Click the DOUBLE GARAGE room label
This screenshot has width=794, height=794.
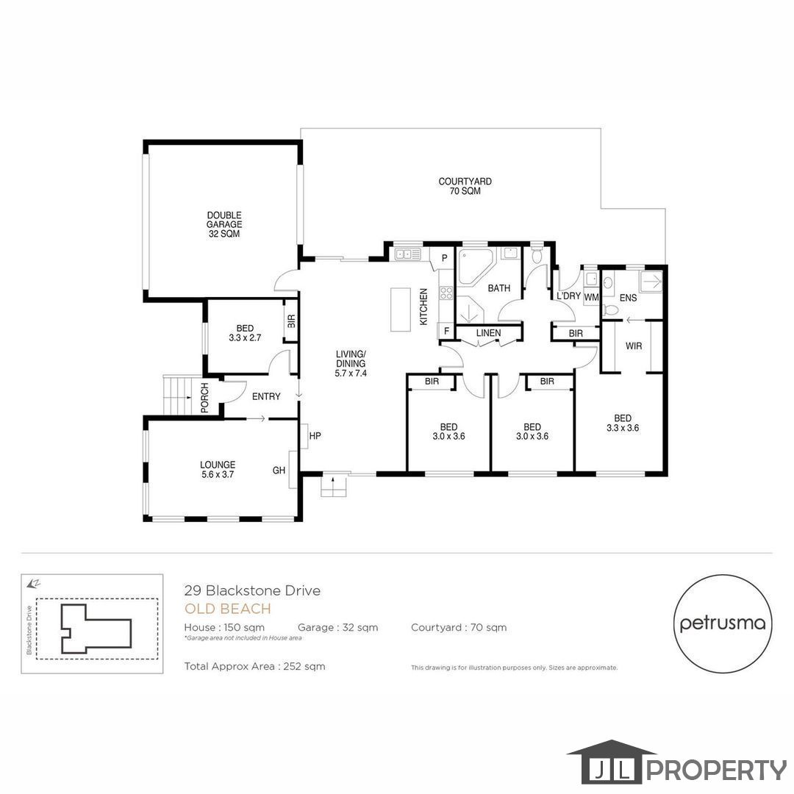[x=223, y=224]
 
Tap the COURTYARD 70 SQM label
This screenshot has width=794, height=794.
[x=465, y=186]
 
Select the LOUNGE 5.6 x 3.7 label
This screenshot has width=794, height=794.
[x=218, y=469]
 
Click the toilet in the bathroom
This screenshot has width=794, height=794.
[x=537, y=255]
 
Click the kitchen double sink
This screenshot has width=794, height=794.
[x=407, y=254]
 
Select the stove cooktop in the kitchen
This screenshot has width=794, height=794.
[x=446, y=293]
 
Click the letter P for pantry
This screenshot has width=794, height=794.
[x=444, y=258]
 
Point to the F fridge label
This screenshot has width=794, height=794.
[x=444, y=332]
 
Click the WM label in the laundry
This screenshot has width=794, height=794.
[x=591, y=297]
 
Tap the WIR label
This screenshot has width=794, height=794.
[x=633, y=346]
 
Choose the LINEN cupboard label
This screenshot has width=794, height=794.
[x=488, y=333]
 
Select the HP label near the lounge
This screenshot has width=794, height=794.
[x=315, y=436]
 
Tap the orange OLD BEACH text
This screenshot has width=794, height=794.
[x=227, y=609]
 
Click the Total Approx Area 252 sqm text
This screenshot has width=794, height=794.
[x=254, y=667]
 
